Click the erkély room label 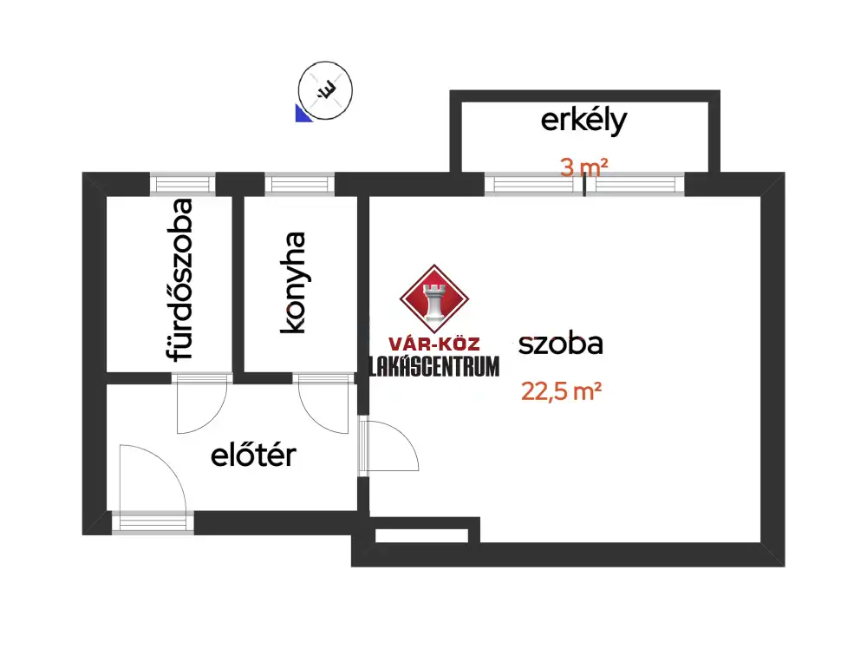tap(583, 121)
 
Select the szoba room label tap(561, 344)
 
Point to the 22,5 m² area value tap(562, 391)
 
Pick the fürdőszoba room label tap(180, 279)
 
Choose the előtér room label tap(253, 455)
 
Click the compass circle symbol tap(326, 89)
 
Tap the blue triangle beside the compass tap(303, 114)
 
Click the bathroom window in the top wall tap(182, 183)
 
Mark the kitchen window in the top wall tap(298, 183)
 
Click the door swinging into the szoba tap(388, 445)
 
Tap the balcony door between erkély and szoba tap(584, 183)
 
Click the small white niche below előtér tap(421, 534)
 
